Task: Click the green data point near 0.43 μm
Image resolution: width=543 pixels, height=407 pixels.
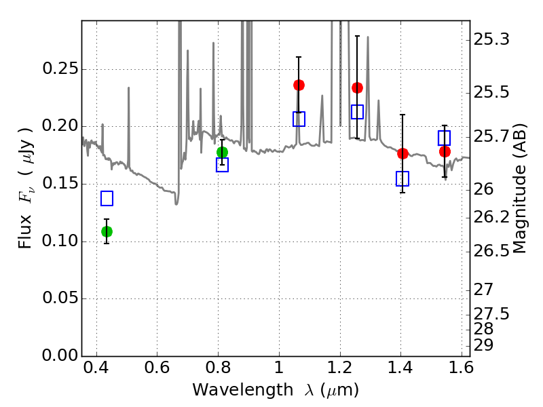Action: tap(107, 231)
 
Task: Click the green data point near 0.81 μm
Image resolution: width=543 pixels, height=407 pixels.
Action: tap(222, 152)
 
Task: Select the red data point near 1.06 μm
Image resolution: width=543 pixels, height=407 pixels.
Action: tap(299, 85)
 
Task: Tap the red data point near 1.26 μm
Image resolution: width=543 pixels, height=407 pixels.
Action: tap(358, 88)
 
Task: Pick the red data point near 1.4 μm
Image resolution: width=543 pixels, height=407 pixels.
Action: tap(402, 153)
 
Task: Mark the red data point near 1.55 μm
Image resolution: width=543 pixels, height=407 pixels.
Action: tap(445, 151)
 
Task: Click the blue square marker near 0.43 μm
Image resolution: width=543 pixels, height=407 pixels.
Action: tap(107, 198)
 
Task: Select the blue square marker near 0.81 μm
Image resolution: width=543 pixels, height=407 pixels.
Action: tap(222, 165)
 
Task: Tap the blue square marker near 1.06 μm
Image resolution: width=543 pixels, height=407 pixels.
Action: tap(299, 119)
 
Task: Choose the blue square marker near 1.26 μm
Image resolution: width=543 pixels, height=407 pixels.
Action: tap(358, 112)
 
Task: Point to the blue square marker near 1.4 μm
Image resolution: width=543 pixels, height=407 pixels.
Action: tap(402, 178)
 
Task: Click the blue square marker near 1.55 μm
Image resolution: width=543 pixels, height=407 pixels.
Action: tap(445, 138)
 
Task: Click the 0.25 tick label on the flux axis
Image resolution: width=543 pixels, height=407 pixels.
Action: tap(59, 69)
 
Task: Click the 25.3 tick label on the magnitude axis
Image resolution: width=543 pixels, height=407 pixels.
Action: tap(492, 40)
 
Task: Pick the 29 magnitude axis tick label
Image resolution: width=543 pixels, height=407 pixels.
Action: tap(485, 345)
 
